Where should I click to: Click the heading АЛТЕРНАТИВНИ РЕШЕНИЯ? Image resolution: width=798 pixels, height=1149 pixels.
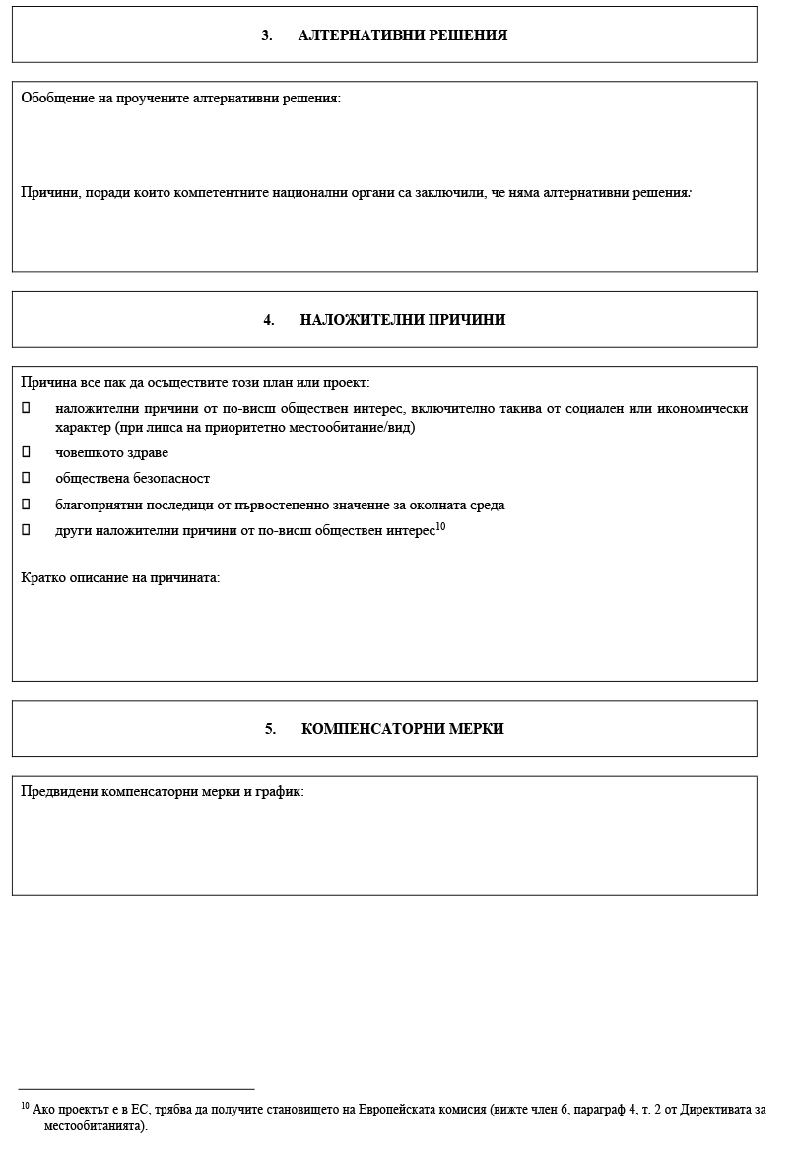coord(402,35)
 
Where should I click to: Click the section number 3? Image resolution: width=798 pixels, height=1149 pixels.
coord(266,35)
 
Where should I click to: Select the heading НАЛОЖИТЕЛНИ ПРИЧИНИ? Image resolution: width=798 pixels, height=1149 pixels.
coord(402,320)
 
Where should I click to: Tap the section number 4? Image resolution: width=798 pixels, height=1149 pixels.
coord(268,320)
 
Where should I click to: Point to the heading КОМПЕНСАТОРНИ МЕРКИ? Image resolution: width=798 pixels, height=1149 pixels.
coord(402,729)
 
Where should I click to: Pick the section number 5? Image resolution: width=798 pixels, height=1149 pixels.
coord(269,729)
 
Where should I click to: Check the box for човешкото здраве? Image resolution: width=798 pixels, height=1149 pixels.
coord(26,452)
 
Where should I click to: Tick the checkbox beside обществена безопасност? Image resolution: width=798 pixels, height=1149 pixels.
coord(26,478)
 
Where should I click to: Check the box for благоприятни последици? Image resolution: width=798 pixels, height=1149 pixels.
coord(26,504)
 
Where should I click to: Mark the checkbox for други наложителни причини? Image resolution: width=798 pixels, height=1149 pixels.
coord(26,529)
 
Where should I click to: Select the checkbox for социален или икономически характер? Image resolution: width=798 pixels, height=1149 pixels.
coord(26,408)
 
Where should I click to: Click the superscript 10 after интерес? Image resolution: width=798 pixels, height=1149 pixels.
coord(440,526)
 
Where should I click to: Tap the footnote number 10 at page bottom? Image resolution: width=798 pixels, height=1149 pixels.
coord(25,1107)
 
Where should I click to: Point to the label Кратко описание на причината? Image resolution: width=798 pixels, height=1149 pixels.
coord(120,577)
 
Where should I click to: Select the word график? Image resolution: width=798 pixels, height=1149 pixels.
coord(280,791)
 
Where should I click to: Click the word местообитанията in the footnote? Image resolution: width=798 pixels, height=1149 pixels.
coord(94,1125)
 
